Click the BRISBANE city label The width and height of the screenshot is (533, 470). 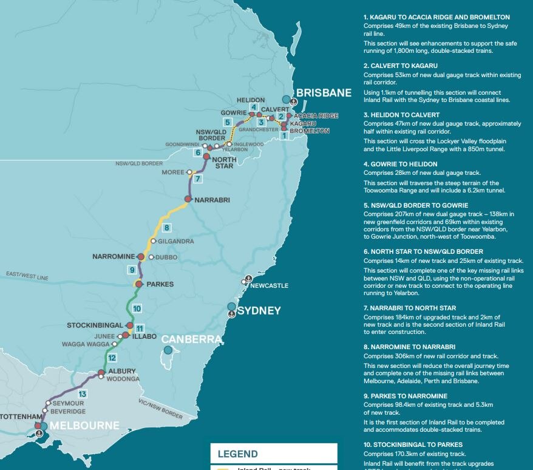pos(324,93)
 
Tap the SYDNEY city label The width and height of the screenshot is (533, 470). pos(259,311)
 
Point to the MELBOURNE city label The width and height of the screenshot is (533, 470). pos(84,426)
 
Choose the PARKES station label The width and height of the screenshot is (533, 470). pos(160,284)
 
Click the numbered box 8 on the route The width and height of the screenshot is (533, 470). pos(167,228)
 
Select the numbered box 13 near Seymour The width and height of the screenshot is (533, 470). pos(83,395)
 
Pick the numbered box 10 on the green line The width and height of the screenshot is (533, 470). pos(137,308)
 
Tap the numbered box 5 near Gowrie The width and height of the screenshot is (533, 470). pos(227,122)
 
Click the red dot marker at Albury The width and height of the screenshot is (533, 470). pos(101,373)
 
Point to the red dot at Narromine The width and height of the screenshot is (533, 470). pos(141,257)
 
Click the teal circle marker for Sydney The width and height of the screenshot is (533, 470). pos(231,307)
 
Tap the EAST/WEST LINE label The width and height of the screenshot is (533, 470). pos(26,278)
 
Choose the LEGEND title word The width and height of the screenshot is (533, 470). pos(237,454)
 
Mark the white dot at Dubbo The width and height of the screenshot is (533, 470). pos(151,257)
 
